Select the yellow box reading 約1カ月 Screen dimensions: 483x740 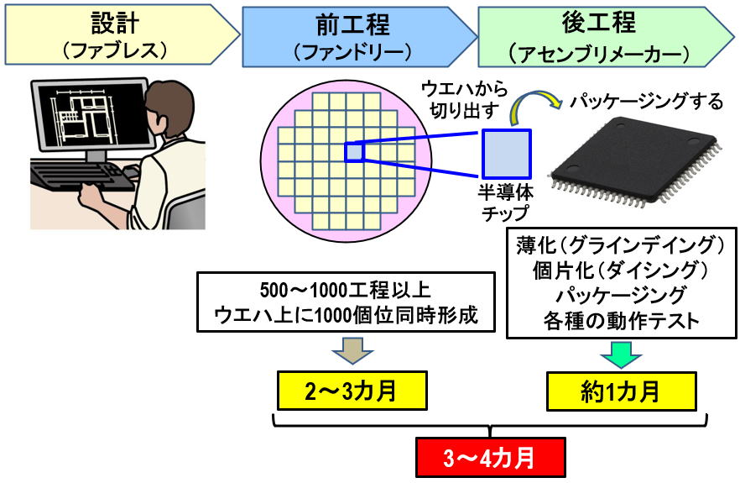pyautogui.click(x=621, y=391)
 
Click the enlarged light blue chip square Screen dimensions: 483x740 pyautogui.click(x=506, y=154)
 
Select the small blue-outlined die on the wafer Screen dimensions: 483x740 pyautogui.click(x=353, y=152)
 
